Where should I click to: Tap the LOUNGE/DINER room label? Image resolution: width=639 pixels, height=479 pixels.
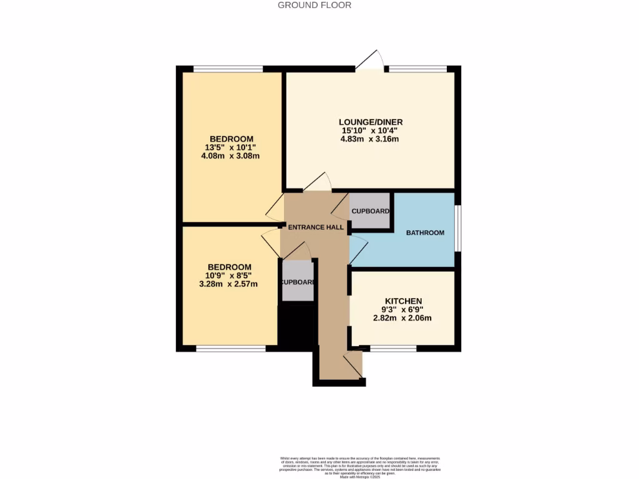371,122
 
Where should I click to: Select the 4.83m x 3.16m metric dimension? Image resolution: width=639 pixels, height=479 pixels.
370,139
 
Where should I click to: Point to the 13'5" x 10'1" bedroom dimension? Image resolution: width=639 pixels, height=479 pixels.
230,147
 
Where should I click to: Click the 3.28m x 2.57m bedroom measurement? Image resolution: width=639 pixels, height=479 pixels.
228,284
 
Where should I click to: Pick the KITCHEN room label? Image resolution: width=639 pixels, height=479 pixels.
403,301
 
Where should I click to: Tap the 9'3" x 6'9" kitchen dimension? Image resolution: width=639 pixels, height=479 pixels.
403,310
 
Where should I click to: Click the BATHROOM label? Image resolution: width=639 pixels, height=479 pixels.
425,233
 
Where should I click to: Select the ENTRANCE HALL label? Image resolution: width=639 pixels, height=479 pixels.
316,228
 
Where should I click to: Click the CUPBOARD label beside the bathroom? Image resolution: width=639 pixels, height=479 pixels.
371,211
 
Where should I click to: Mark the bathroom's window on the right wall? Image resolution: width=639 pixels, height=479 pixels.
457,228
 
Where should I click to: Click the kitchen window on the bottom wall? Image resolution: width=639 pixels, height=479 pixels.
393,348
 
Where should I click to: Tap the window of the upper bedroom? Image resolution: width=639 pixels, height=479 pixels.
228,69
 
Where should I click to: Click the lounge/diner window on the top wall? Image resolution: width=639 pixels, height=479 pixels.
417,69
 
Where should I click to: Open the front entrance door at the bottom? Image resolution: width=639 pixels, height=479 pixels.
353,365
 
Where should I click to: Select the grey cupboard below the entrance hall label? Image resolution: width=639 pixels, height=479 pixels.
298,282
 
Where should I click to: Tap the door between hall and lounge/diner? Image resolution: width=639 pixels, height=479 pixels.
318,182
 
